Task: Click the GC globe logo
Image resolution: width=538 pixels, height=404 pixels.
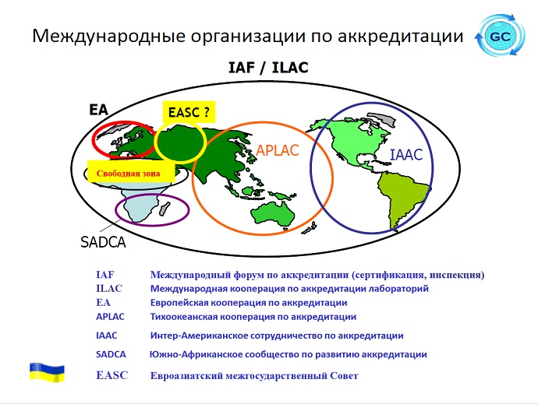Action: (501, 35)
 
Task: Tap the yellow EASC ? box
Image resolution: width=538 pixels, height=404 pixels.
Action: (189, 112)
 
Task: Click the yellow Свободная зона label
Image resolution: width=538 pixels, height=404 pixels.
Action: (131, 172)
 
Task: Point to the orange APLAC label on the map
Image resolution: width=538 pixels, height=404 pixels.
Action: (278, 150)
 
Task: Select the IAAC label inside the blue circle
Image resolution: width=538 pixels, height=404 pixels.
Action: (406, 155)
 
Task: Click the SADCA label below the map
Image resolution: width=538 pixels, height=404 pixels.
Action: (103, 242)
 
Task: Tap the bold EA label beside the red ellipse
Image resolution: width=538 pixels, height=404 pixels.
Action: (98, 110)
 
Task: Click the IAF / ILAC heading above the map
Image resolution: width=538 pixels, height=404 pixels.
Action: (268, 67)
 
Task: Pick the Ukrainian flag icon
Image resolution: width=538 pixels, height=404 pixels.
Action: (47, 372)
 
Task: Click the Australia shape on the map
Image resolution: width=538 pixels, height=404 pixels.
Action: (273, 214)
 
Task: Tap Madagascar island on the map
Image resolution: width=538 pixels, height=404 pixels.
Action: (165, 209)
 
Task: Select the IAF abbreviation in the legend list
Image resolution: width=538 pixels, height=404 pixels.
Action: (104, 275)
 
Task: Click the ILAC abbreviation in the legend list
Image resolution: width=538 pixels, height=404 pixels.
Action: (109, 289)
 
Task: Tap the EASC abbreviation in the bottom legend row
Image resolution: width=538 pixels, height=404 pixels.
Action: (111, 375)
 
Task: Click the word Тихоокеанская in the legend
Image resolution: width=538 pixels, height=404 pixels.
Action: (183, 317)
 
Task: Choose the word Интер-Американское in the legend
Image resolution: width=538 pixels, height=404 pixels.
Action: (199, 335)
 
